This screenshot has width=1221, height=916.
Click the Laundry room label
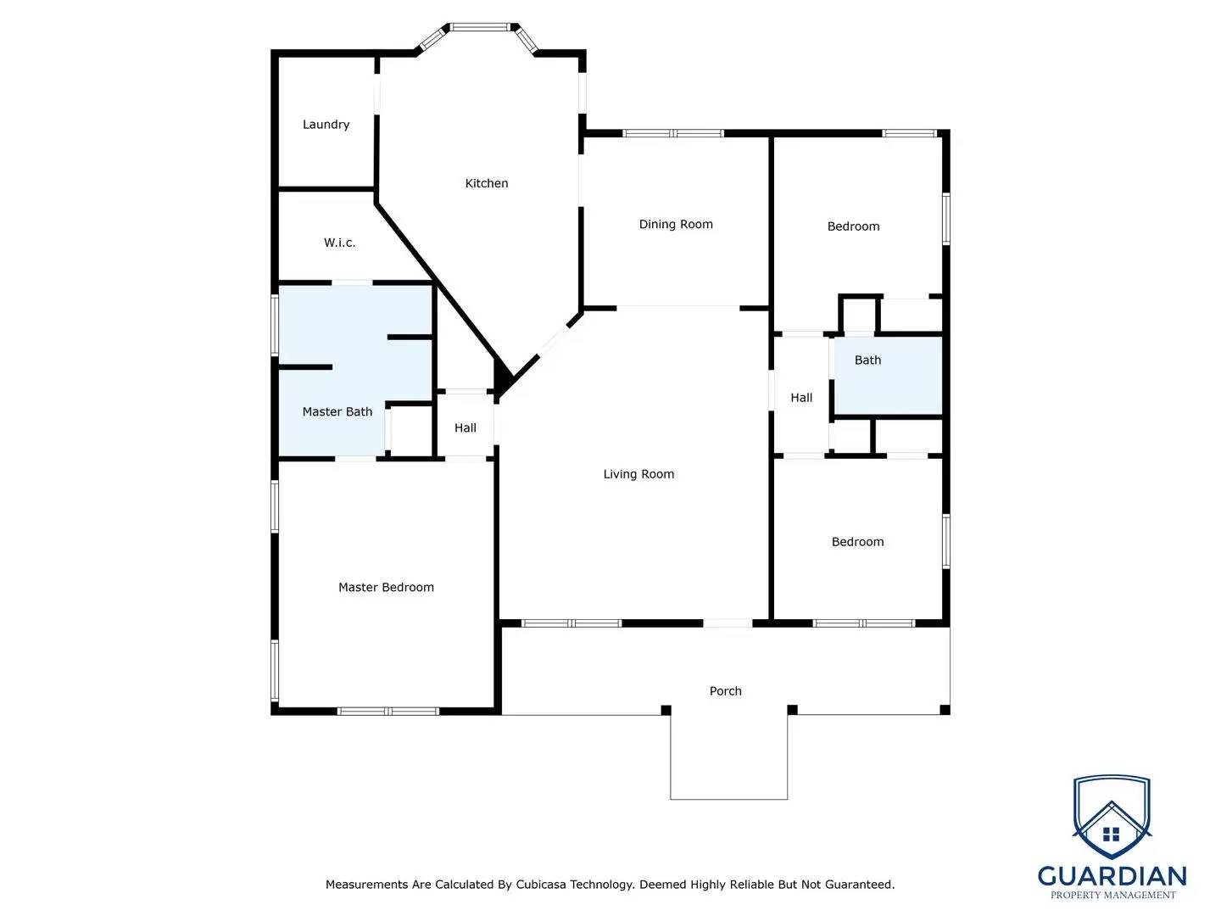pyautogui.click(x=326, y=125)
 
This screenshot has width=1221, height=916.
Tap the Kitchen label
pyautogui.click(x=487, y=183)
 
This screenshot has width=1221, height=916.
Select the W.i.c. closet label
pyautogui.click(x=339, y=243)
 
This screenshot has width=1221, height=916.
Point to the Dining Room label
pyautogui.click(x=676, y=225)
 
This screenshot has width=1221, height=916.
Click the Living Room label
pyautogui.click(x=638, y=474)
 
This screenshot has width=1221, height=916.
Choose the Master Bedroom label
pyautogui.click(x=386, y=587)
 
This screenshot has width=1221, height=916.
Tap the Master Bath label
pyautogui.click(x=337, y=412)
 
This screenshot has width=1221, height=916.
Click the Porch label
pyautogui.click(x=725, y=691)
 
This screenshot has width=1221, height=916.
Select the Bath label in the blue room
pyautogui.click(x=867, y=360)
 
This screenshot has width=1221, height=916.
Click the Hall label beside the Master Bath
pyautogui.click(x=466, y=428)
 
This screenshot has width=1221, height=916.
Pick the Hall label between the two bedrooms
pyautogui.click(x=801, y=398)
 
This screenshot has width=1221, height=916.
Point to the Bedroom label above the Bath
pyautogui.click(x=853, y=226)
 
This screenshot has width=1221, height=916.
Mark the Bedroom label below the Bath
pyautogui.click(x=857, y=542)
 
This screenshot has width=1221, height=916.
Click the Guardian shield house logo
pyautogui.click(x=1112, y=818)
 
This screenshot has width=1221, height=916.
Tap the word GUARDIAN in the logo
pyautogui.click(x=1112, y=876)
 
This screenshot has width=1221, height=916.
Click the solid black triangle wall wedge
pyautogui.click(x=502, y=377)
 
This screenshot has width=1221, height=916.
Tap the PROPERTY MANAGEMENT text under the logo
pyautogui.click(x=1112, y=895)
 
